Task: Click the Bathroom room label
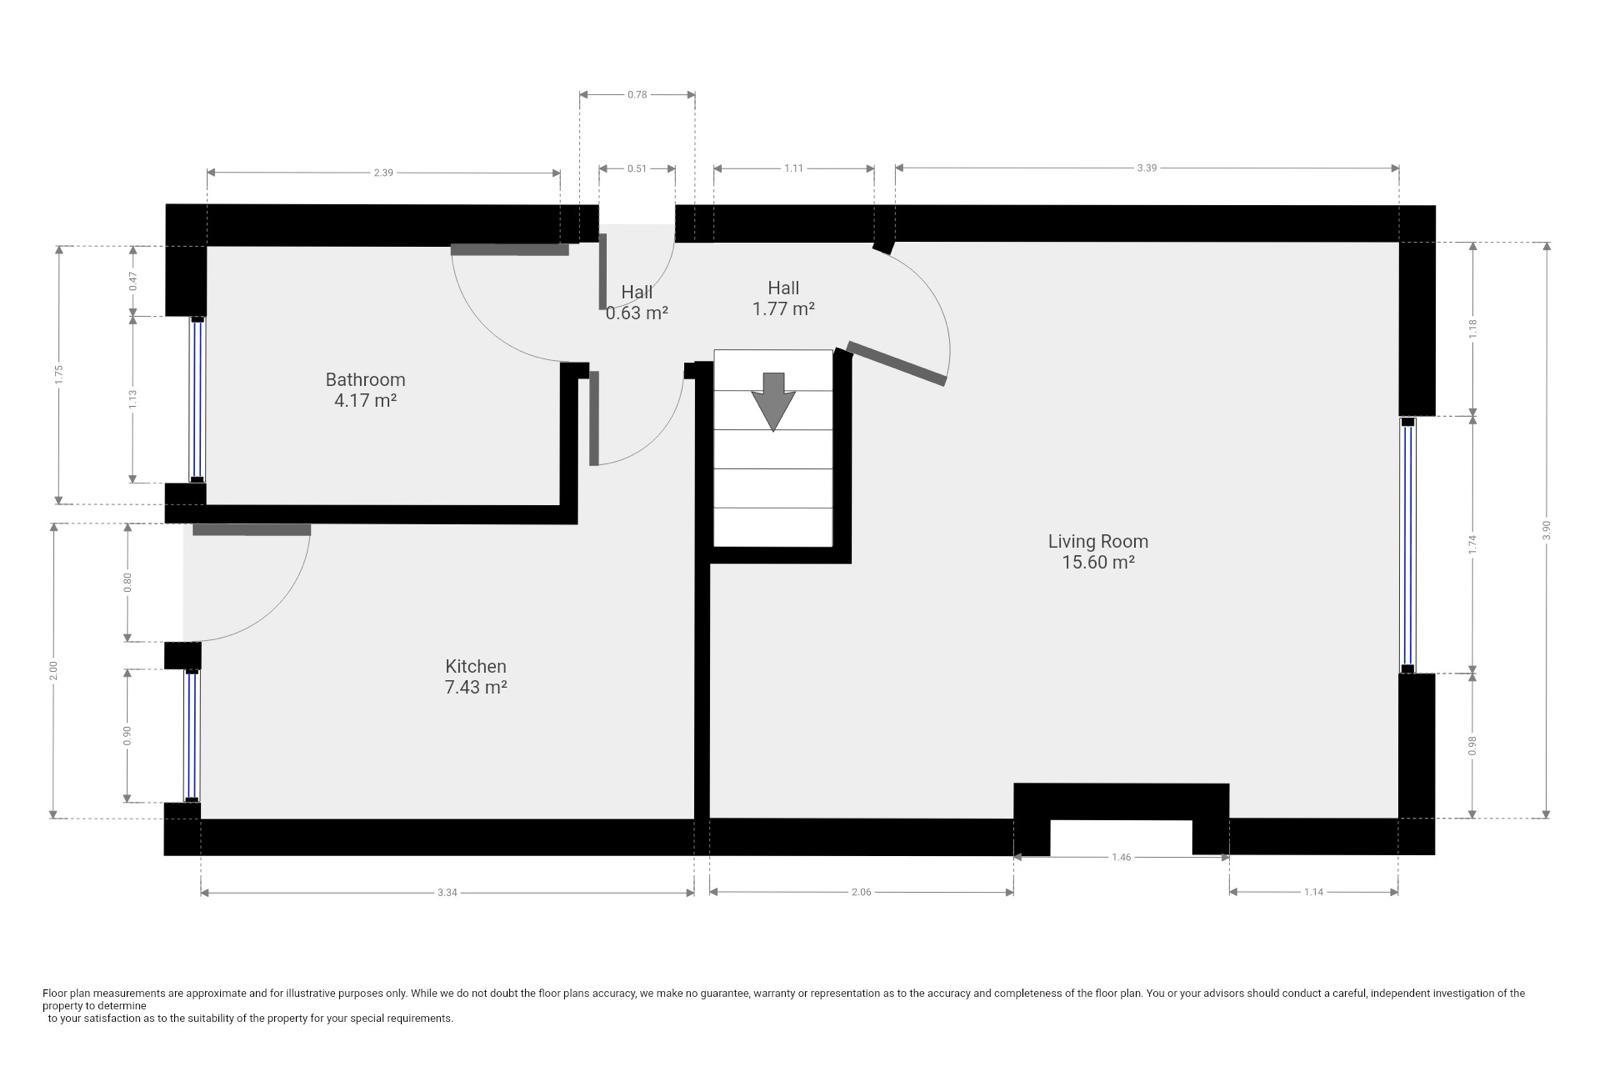tap(365, 390)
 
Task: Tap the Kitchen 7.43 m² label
tap(476, 676)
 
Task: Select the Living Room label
tap(1098, 551)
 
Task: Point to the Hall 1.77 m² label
tap(783, 298)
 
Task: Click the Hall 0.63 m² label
tap(636, 302)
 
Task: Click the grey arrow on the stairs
tap(773, 401)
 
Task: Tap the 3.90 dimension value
tap(1546, 530)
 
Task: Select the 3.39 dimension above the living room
tap(1146, 168)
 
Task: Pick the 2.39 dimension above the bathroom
tap(384, 172)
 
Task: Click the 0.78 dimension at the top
tap(636, 94)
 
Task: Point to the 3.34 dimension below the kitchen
tap(447, 892)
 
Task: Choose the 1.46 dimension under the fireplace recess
tap(1121, 857)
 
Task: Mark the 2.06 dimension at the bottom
tap(861, 892)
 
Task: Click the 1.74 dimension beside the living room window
tap(1472, 544)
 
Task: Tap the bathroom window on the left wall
tap(197, 400)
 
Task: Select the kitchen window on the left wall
tap(191, 736)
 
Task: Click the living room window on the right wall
tap(1408, 546)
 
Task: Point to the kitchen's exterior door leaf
tap(251, 530)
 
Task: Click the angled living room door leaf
tap(896, 364)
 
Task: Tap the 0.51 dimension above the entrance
tap(636, 169)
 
